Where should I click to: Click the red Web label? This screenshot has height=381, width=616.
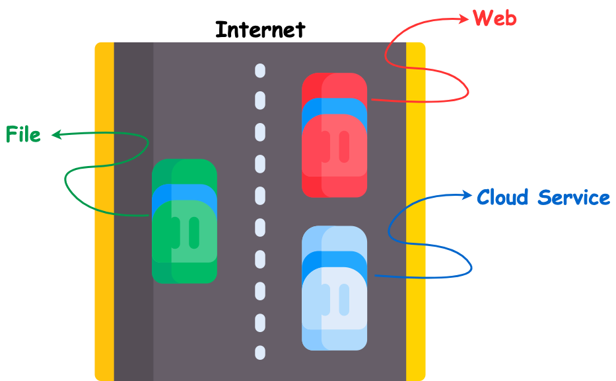point(495,19)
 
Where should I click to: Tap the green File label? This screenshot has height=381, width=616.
point(23,135)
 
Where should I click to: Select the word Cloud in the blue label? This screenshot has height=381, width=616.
point(503,197)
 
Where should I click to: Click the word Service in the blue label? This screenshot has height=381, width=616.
point(574,197)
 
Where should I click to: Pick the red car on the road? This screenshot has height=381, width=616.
point(334,135)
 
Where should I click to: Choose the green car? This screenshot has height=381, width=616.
point(184,221)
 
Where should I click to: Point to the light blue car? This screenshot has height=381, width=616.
point(334,288)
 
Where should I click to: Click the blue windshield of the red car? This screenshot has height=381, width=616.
point(334,106)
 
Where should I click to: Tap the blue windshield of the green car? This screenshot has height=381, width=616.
point(184,193)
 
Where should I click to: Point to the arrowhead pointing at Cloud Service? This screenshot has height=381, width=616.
point(469,196)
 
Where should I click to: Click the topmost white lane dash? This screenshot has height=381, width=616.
point(260,70)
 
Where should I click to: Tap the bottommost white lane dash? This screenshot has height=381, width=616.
point(260,353)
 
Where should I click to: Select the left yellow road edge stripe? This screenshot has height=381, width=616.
point(104,212)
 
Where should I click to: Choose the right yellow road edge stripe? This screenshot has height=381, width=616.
point(415,212)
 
